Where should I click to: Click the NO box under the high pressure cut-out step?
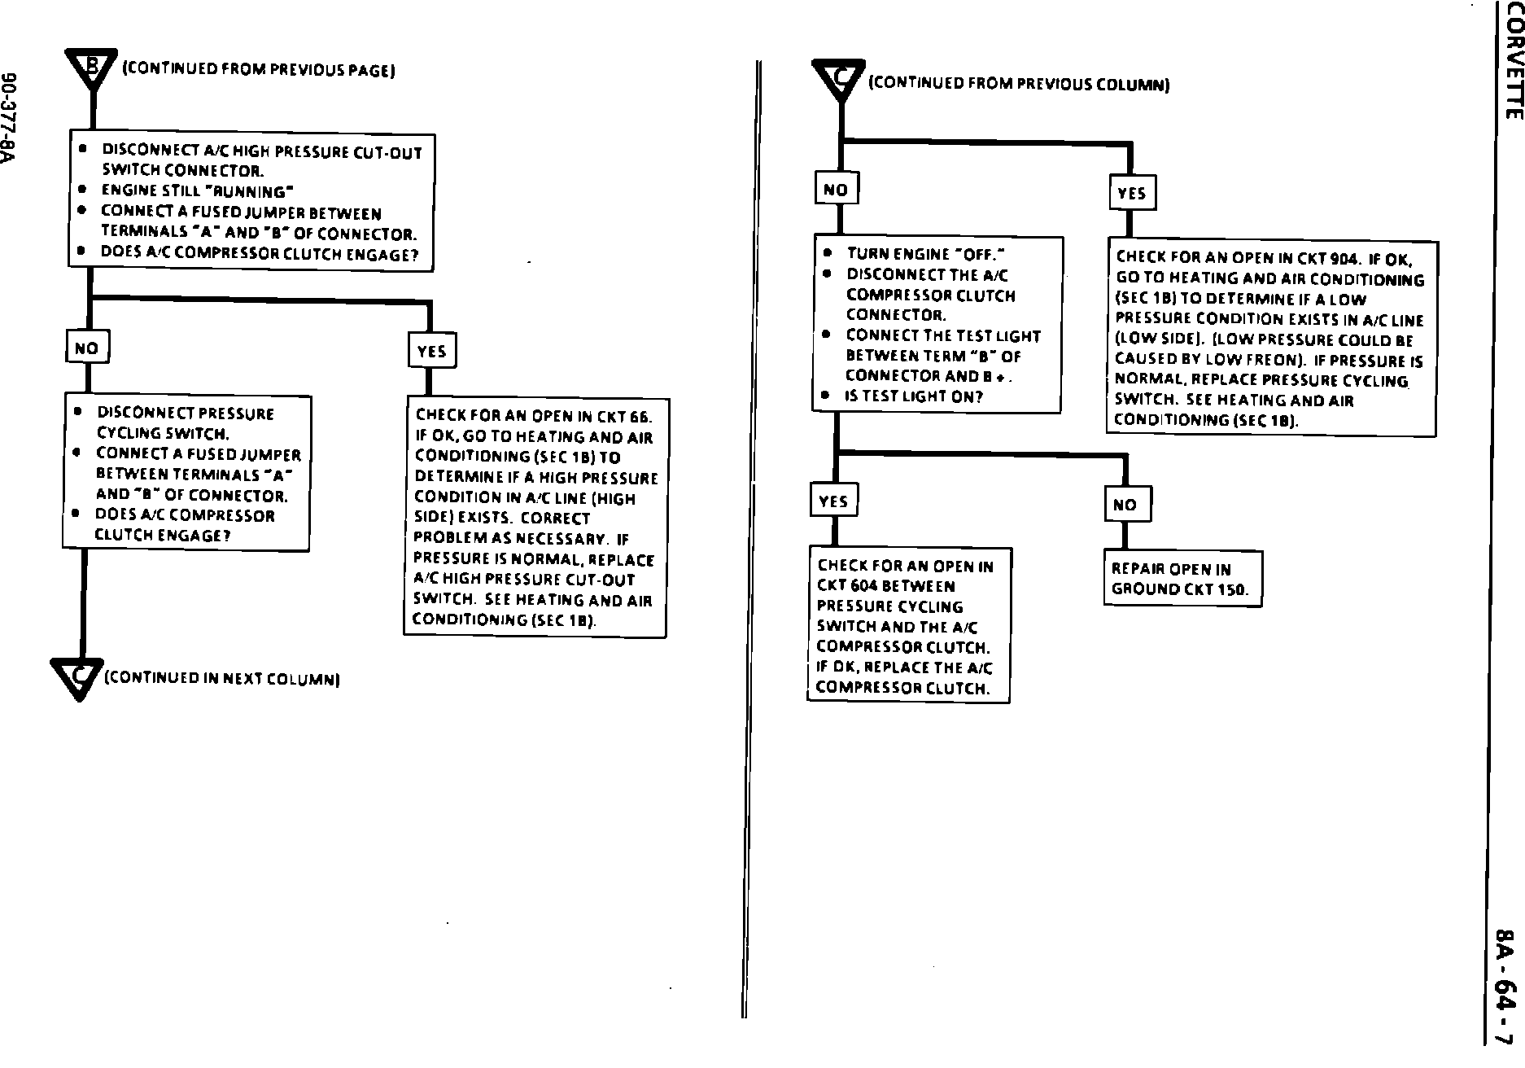[x=87, y=348]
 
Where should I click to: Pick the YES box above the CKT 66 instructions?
[x=431, y=351]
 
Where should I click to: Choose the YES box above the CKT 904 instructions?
[x=1131, y=194]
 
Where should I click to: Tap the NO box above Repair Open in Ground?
[x=1125, y=505]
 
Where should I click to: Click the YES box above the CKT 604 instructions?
[x=833, y=501]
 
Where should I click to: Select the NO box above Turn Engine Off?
[x=836, y=190]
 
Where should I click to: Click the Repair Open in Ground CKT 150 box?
[x=1182, y=579]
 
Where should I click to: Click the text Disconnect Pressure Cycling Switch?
[x=186, y=422]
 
